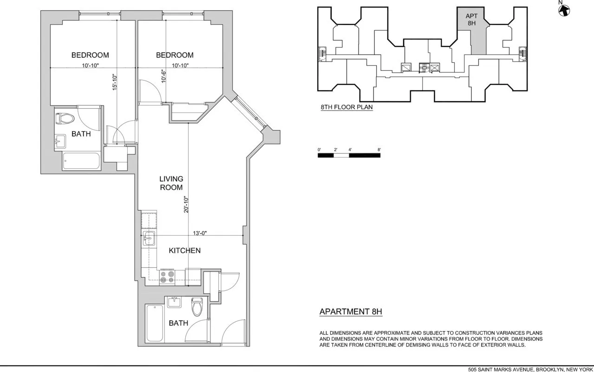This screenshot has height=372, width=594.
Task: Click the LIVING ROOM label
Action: pos(171,183)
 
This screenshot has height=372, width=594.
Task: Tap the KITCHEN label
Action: pos(184,251)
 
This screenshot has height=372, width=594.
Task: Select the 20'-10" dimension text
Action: pos(186,205)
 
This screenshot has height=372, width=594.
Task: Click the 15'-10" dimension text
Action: pos(115,82)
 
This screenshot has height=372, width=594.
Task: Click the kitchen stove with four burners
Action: pos(167,277)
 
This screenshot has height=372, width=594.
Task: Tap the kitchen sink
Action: pos(149,239)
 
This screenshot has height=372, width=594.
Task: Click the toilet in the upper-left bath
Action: pos(65,118)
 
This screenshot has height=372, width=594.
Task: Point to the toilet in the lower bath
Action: pos(197,306)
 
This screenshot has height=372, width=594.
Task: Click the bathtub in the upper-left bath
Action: pos(81,162)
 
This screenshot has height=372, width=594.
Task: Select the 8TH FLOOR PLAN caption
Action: pos(346,107)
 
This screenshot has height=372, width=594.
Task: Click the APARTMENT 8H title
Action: pos(351,312)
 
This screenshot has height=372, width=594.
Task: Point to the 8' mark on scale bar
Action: pos(379,150)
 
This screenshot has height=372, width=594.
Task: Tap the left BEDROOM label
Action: pos(90,55)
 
